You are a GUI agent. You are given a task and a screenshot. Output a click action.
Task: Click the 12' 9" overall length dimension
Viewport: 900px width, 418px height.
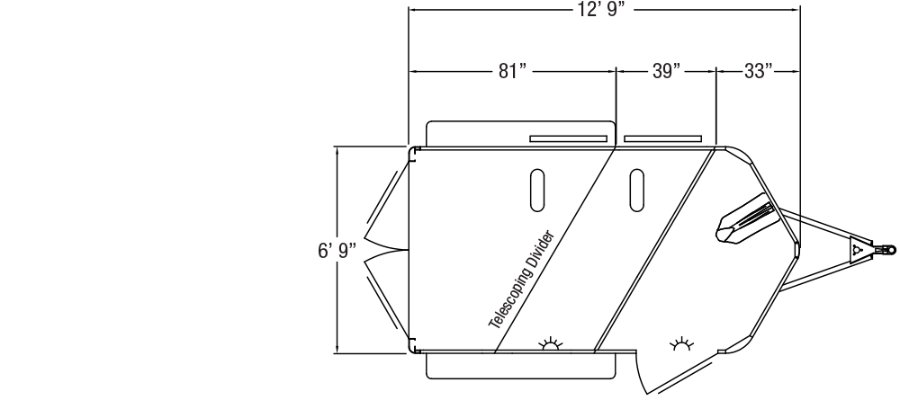(601, 9)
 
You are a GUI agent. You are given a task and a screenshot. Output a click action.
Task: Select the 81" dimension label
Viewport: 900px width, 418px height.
(513, 71)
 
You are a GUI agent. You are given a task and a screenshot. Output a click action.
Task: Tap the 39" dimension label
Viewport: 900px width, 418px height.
(666, 71)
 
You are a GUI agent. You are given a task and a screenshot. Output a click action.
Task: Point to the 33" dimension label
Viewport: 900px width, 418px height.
(758, 71)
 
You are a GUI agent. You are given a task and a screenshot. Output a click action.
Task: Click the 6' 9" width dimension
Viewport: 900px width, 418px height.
(337, 251)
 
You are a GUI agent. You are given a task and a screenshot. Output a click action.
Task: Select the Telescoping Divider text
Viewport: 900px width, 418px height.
(522, 280)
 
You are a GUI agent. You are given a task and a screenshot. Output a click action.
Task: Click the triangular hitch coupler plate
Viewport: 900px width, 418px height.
(859, 249)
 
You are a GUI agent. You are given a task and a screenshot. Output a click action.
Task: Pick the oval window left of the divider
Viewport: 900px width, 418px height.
(537, 191)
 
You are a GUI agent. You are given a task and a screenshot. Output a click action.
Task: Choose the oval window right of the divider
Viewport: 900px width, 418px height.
(636, 191)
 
